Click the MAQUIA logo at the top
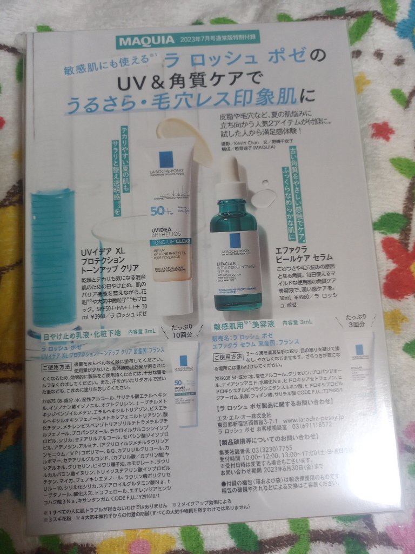click(x=146, y=40)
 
